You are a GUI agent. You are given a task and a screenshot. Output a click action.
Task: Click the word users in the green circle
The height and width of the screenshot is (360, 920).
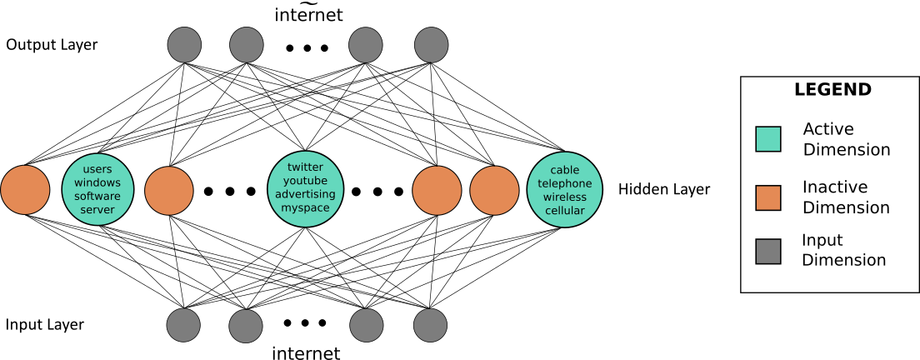click(97, 169)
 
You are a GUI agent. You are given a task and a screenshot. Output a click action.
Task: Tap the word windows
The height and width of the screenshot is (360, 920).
click(97, 182)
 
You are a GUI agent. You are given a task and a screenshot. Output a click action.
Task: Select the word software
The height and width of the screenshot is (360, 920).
click(97, 197)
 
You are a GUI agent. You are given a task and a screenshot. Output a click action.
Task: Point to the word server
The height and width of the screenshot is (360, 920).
click(97, 210)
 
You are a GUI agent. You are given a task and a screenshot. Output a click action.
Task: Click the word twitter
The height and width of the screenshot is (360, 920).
click(305, 167)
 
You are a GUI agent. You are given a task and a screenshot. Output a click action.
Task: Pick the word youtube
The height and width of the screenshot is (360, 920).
click(305, 181)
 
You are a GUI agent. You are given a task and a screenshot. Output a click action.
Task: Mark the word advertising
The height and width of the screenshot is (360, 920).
click(305, 194)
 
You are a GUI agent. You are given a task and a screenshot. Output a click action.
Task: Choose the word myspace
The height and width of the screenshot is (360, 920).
click(305, 208)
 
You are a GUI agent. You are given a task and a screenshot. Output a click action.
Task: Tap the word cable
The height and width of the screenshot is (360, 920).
click(565, 170)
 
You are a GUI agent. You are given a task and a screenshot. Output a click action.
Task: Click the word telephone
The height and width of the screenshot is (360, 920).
click(565, 183)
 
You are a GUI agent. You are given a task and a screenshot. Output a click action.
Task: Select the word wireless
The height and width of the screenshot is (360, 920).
click(565, 197)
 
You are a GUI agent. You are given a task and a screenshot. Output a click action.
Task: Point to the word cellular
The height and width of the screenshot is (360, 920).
click(565, 211)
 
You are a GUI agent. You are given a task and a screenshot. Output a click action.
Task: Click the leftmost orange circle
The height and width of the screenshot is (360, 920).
click(25, 190)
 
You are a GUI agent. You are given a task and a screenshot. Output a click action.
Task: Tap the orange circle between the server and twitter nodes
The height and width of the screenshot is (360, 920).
click(169, 191)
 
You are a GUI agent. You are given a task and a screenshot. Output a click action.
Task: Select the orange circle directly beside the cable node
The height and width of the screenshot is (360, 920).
click(494, 191)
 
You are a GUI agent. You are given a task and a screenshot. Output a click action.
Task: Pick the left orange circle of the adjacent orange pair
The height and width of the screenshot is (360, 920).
click(437, 191)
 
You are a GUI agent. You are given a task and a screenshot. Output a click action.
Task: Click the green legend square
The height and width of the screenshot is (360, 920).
click(768, 139)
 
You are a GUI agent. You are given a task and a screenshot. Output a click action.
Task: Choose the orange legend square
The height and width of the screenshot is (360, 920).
click(768, 198)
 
